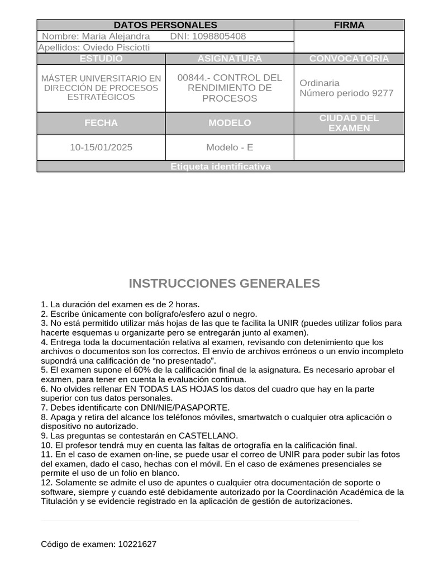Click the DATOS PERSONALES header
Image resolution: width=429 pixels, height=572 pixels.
click(x=165, y=25)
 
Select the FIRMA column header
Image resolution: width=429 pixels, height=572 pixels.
click(x=349, y=25)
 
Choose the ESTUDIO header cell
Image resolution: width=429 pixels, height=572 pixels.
click(x=101, y=59)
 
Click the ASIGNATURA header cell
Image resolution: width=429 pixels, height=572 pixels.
click(x=230, y=59)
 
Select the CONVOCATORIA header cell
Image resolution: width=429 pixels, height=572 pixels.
click(x=349, y=59)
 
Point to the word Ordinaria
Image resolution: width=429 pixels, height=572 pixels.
click(x=320, y=83)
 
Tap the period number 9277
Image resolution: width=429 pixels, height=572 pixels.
click(x=383, y=93)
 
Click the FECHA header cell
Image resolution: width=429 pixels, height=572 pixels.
click(x=101, y=123)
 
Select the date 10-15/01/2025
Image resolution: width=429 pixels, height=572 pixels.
click(x=101, y=147)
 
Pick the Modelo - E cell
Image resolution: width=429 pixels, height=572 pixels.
click(x=230, y=147)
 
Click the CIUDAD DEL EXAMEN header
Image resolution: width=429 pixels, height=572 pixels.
click(x=349, y=123)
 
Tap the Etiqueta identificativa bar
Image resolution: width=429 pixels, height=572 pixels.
click(x=220, y=166)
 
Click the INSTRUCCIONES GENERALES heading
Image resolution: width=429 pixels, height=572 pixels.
click(x=224, y=284)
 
